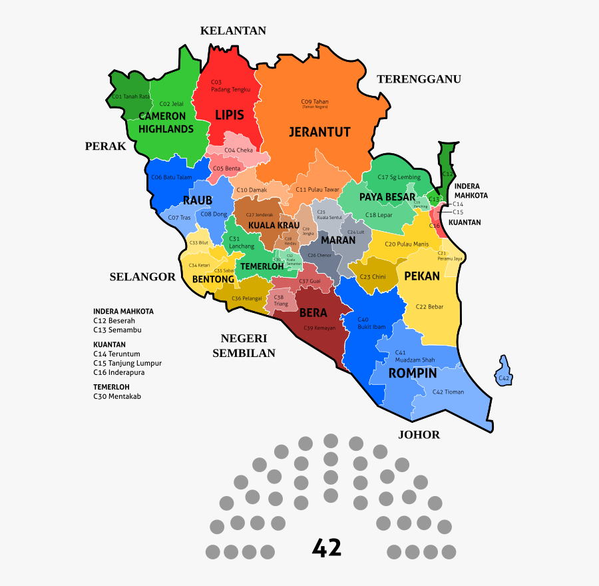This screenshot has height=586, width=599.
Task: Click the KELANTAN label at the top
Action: (x=233, y=31)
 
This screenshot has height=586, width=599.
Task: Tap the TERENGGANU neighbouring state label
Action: (x=419, y=79)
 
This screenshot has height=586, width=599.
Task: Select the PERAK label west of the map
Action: (x=105, y=146)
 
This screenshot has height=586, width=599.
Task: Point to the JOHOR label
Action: (x=419, y=435)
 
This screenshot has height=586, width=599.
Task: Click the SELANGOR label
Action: (x=142, y=277)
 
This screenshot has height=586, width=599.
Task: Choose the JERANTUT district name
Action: (x=319, y=132)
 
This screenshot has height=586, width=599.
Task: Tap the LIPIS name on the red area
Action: (x=230, y=115)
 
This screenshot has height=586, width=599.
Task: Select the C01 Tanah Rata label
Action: (x=130, y=97)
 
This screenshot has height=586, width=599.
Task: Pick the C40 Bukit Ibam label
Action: (x=371, y=323)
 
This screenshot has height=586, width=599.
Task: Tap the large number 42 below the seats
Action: (x=327, y=548)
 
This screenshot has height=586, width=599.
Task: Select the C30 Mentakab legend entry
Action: (x=117, y=396)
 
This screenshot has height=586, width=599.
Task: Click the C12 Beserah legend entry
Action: (x=114, y=320)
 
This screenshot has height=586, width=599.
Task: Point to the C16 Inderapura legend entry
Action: (x=118, y=372)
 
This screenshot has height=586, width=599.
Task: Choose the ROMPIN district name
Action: (x=412, y=373)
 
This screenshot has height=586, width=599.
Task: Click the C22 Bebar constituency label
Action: (x=429, y=306)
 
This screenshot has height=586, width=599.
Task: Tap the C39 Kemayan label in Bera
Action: (x=319, y=328)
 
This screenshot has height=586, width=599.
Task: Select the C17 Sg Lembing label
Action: (x=399, y=177)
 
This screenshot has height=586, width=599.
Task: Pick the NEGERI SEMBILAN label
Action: (x=244, y=346)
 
